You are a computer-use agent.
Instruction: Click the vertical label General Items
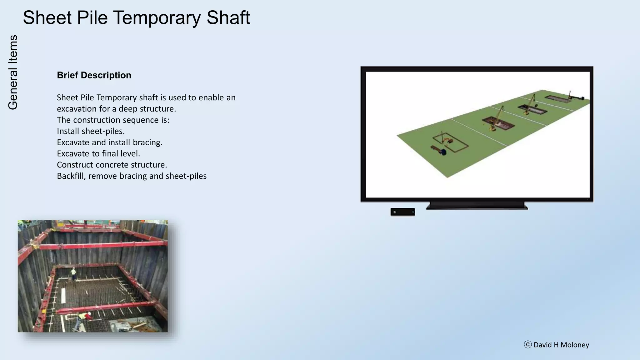click(x=13, y=72)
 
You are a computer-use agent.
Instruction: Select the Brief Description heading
click(x=94, y=75)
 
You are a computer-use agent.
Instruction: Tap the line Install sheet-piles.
click(x=91, y=131)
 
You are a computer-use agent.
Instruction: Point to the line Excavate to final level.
click(x=98, y=154)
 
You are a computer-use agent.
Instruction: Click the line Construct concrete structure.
click(x=112, y=165)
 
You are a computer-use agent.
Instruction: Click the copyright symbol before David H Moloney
click(x=527, y=345)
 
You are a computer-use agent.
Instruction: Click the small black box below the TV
click(x=402, y=212)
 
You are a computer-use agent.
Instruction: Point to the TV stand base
click(x=477, y=206)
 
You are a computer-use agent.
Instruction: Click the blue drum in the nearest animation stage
click(x=442, y=152)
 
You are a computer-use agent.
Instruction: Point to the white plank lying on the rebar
click(x=63, y=295)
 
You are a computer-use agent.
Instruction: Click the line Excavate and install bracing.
click(x=109, y=142)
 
